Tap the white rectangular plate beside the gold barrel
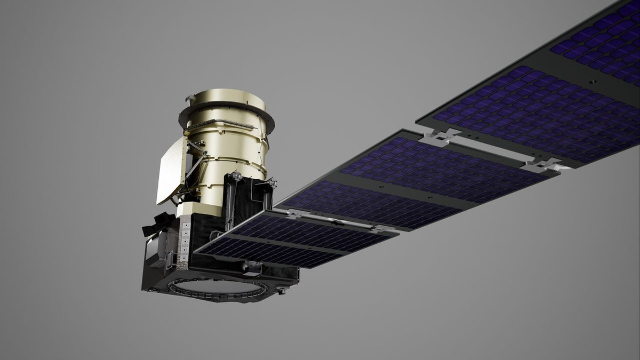[171, 171]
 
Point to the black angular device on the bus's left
[158, 224]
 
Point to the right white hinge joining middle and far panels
[541, 165]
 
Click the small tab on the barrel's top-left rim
[190, 98]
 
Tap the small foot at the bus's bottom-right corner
[281, 291]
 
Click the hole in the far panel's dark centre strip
[592, 82]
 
